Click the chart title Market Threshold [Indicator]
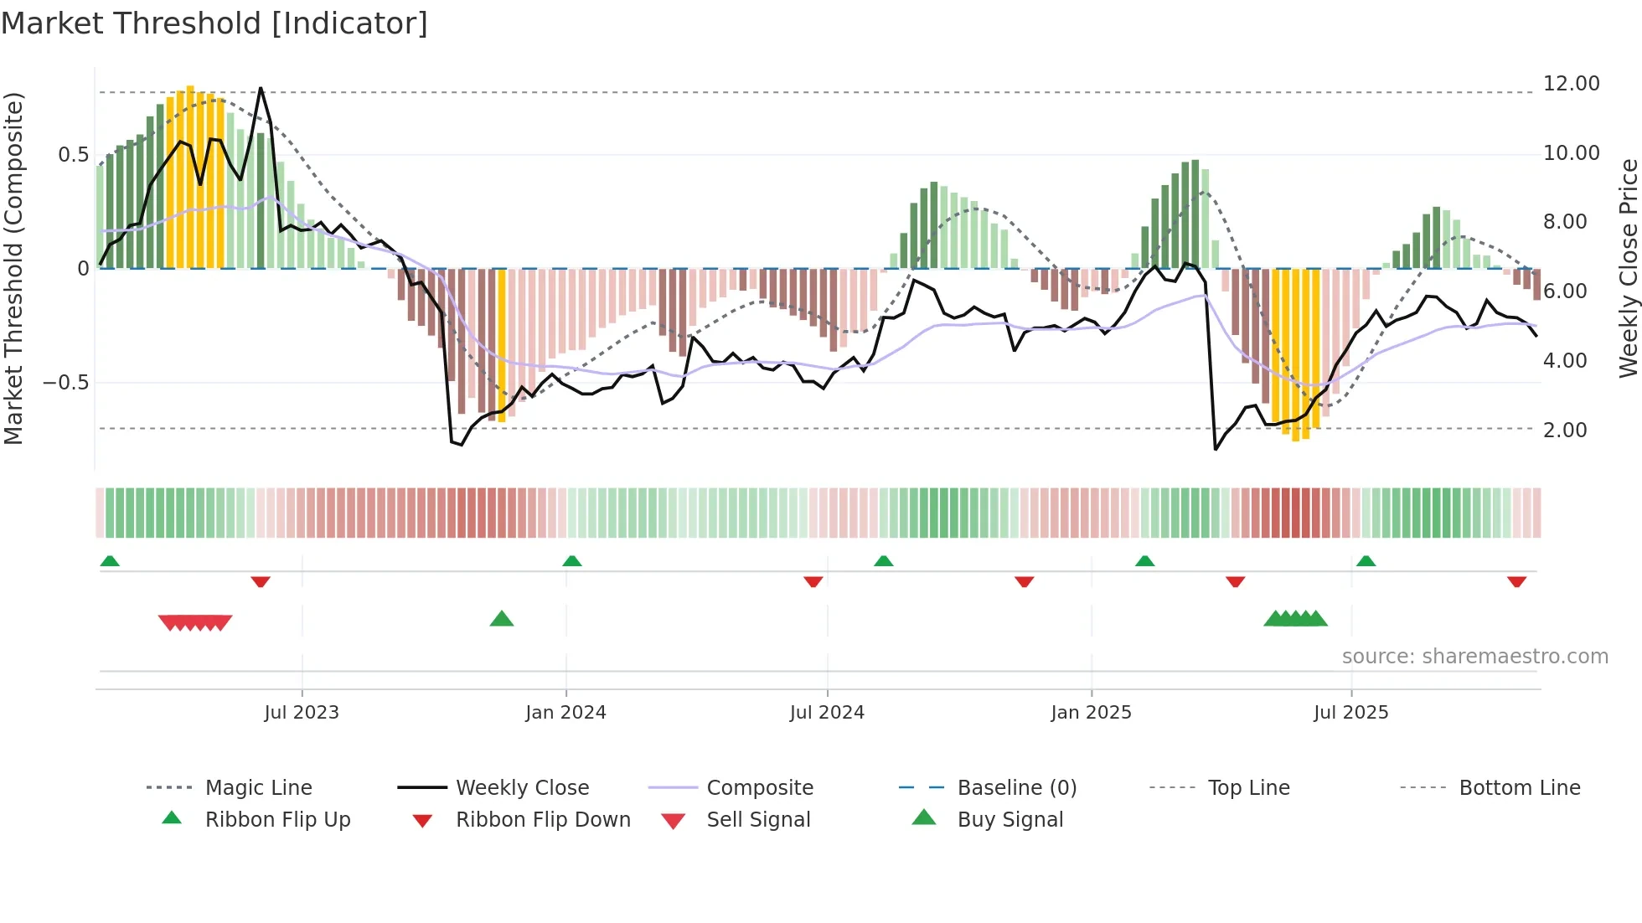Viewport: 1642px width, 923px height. tap(214, 23)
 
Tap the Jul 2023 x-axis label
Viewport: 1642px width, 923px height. tap(302, 713)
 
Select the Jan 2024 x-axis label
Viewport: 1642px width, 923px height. tap(565, 713)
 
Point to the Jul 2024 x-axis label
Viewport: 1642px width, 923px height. tap(827, 713)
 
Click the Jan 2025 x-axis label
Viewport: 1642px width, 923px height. tap(1091, 713)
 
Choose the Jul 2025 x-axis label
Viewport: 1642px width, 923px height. tap(1350, 713)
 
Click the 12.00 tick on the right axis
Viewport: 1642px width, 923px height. tap(1571, 84)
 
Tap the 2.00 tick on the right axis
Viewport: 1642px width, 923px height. tap(1565, 430)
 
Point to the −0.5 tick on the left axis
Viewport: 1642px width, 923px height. tap(66, 383)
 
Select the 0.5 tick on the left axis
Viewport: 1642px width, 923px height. tap(73, 155)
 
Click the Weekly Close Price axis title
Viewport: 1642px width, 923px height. tap(1628, 268)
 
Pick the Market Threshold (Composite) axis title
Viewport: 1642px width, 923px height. tap(13, 268)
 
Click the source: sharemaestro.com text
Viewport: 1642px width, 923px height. tap(1474, 657)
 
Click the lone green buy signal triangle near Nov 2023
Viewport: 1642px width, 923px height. tap(501, 619)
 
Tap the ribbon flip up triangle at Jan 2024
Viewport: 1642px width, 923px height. tap(572, 560)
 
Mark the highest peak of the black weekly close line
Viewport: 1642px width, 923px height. tap(261, 88)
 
